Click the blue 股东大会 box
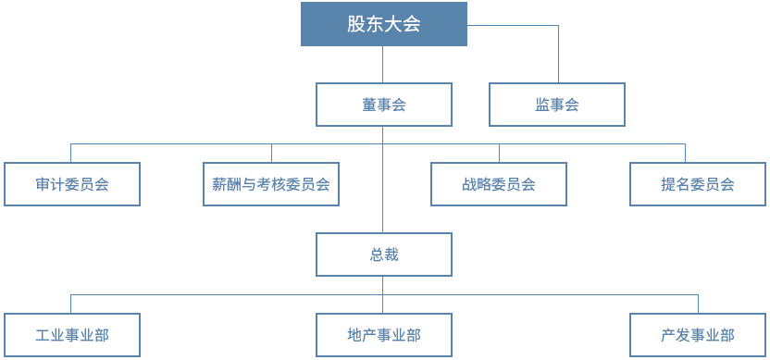point(383,24)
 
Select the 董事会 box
point(383,105)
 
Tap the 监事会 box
point(556,105)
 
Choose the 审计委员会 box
point(72,184)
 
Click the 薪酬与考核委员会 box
point(271,184)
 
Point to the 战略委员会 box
point(499,184)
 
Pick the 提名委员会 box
point(698,184)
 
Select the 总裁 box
point(383,254)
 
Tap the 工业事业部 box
point(72,335)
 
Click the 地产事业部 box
point(383,335)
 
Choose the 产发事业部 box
point(698,335)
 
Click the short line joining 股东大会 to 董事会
point(383,64)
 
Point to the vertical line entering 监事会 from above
point(558,56)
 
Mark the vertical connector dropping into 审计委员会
point(72,153)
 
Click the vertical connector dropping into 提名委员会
point(686,153)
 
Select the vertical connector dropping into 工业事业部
point(72,304)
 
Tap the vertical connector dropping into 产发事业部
point(698,304)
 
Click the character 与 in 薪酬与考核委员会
point(249,184)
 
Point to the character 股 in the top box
point(356,24)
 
